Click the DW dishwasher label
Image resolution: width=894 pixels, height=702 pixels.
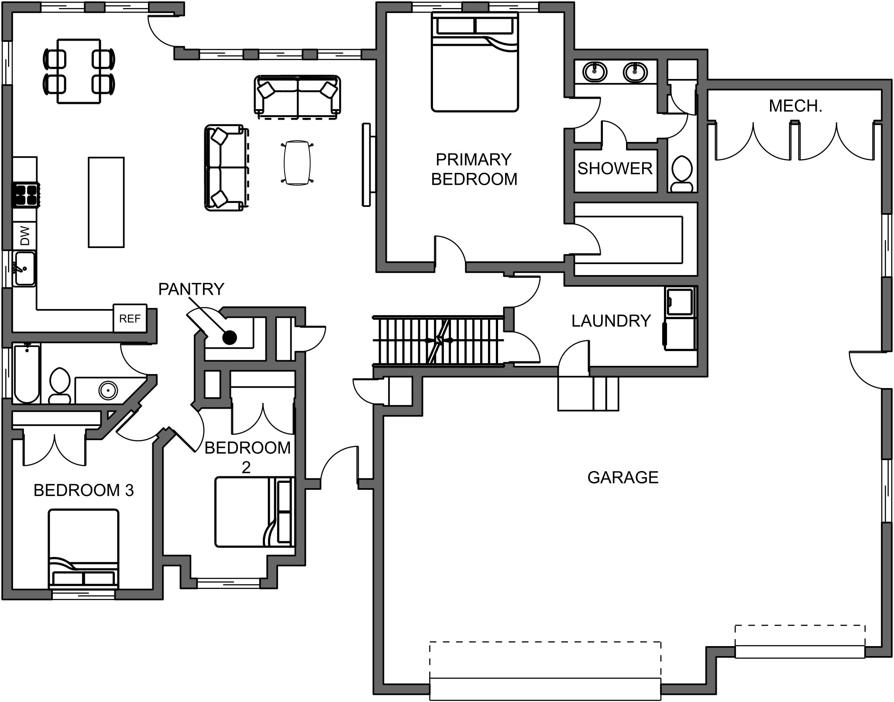tap(25, 236)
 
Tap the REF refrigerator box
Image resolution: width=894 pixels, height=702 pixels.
tap(130, 319)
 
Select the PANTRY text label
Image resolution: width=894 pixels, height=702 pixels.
tap(191, 289)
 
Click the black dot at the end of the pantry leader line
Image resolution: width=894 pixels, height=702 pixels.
tap(230, 337)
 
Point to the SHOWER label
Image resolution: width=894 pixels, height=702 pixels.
tap(615, 169)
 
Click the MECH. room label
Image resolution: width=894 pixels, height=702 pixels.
tap(795, 106)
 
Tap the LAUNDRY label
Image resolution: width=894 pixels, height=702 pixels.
tap(611, 321)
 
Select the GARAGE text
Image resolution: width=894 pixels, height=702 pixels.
tap(622, 478)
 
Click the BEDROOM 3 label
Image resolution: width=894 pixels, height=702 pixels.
tap(83, 490)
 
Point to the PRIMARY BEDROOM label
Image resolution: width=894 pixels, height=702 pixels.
tap(474, 169)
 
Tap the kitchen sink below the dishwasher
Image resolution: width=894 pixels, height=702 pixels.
tap(24, 269)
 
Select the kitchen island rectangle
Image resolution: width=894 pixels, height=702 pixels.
tap(106, 203)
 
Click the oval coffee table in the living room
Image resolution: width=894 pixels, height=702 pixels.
tap(297, 163)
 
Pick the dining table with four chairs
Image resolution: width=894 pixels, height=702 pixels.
tap(79, 71)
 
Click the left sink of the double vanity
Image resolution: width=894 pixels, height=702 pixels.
tap(595, 71)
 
